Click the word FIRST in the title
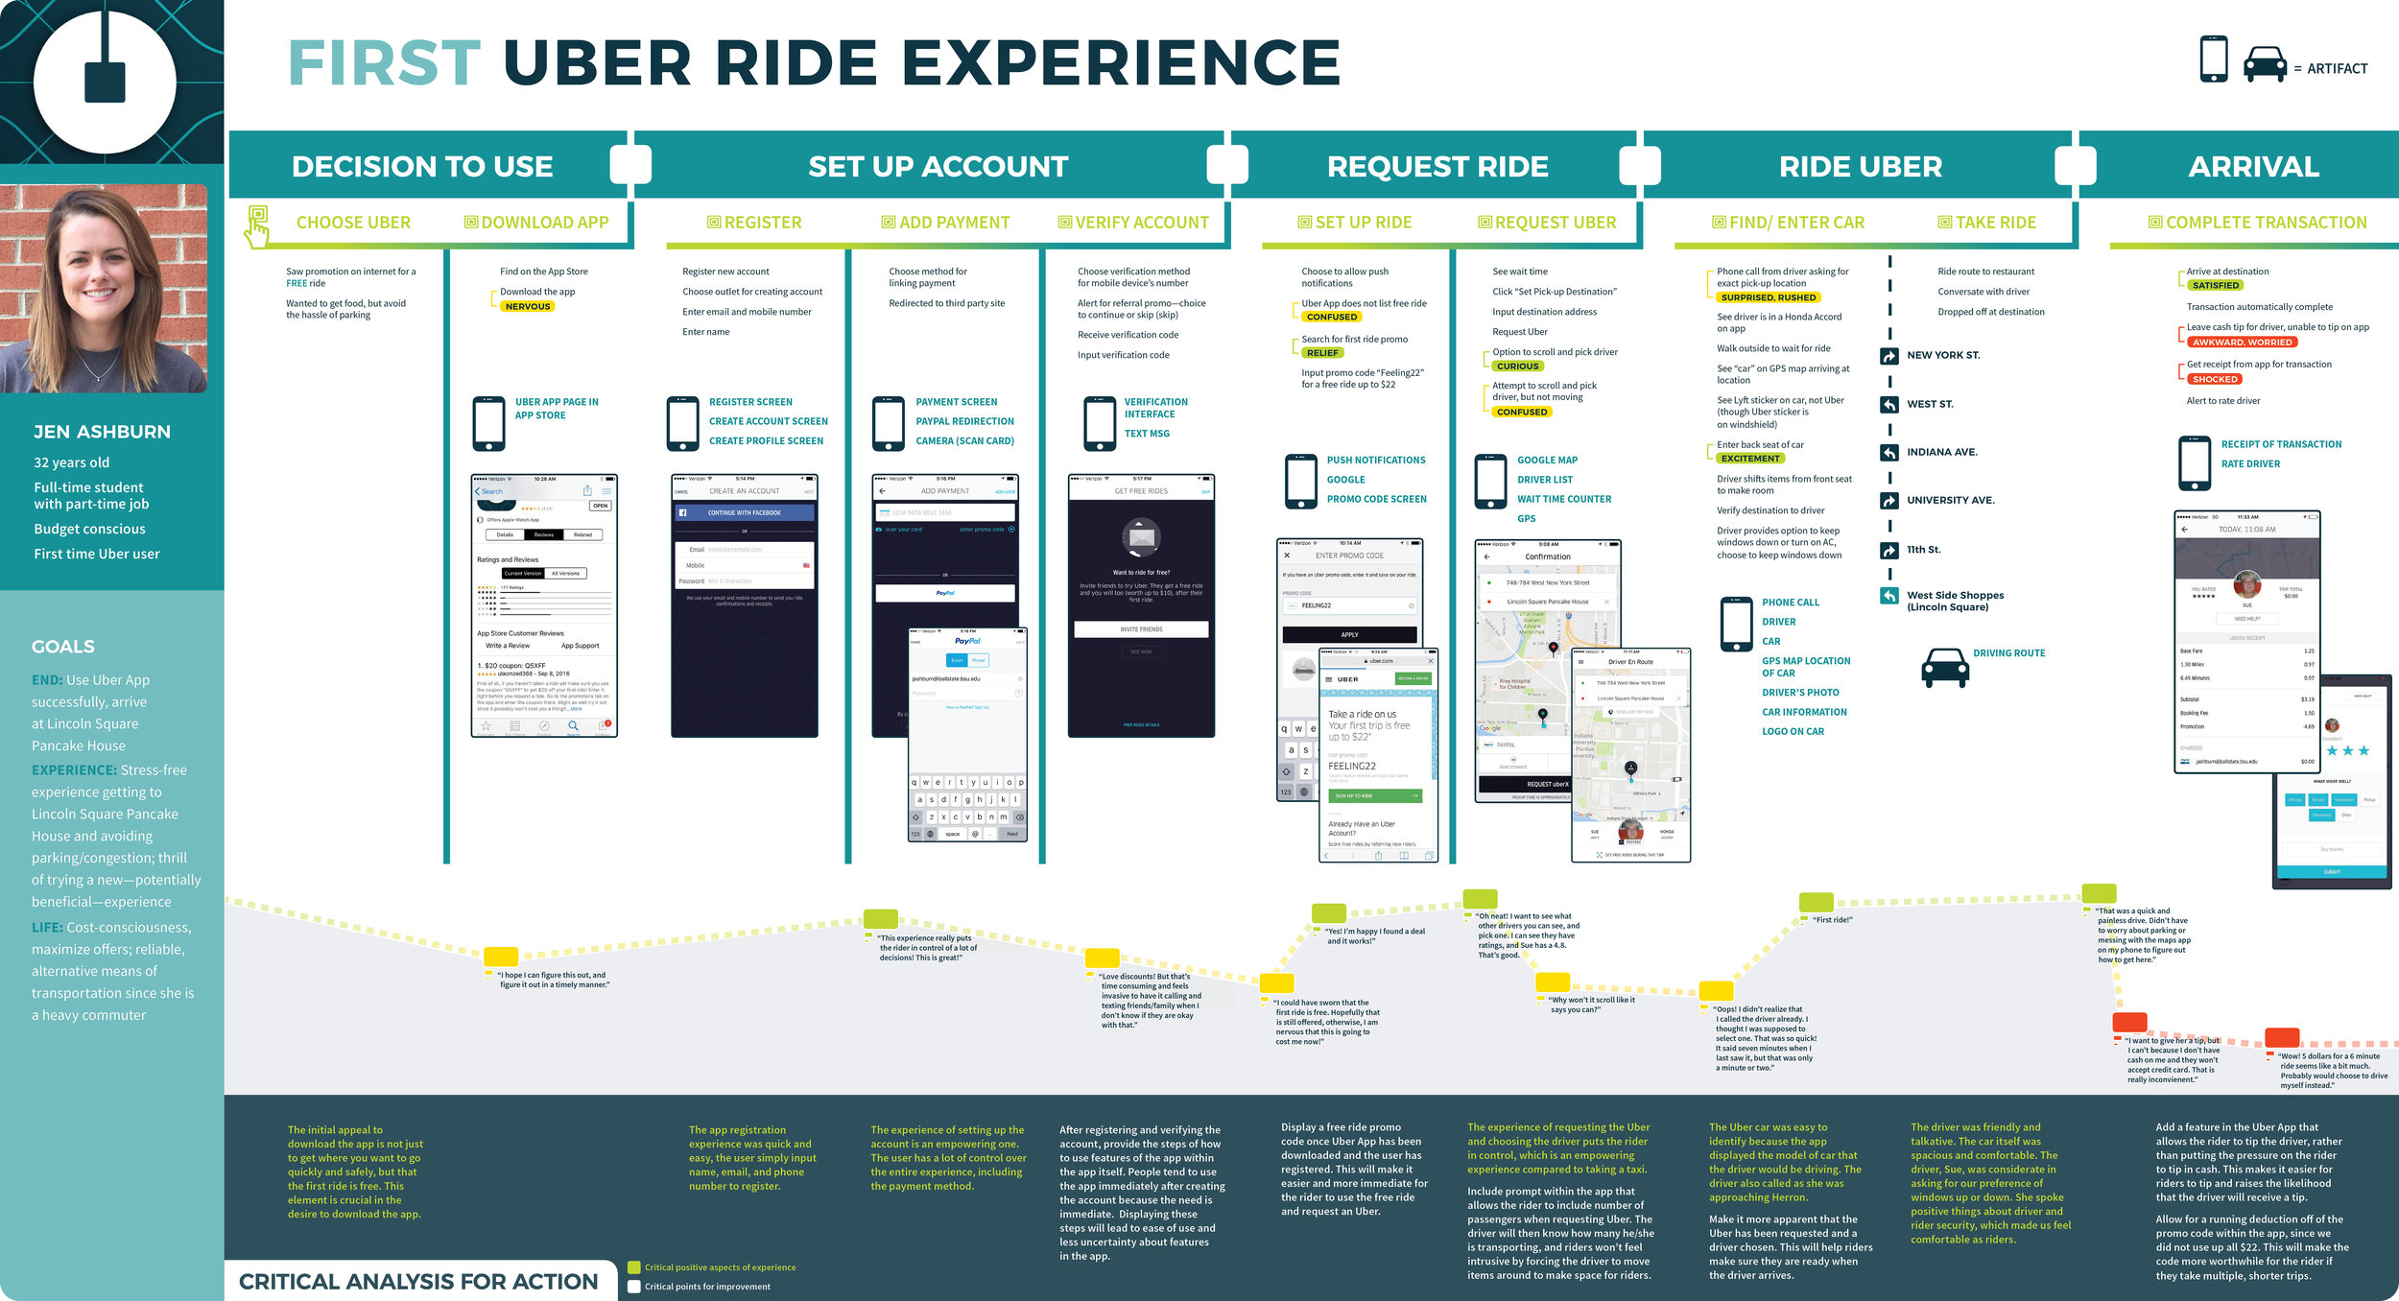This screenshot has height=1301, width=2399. tap(384, 63)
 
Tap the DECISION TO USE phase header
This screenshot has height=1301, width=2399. tap(422, 167)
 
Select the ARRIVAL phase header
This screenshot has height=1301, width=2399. tap(2253, 167)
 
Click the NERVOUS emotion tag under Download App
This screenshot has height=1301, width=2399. tap(528, 307)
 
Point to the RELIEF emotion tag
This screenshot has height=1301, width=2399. tap(1321, 353)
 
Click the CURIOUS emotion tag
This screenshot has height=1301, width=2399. tap(1517, 367)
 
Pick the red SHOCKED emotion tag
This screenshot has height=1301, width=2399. tap(2215, 380)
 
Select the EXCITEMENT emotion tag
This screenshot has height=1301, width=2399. tap(1750, 459)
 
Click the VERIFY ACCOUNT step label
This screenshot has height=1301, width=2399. tap(1141, 223)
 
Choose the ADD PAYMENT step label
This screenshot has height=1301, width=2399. tap(954, 223)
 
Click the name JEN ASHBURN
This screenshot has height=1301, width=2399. tap(102, 432)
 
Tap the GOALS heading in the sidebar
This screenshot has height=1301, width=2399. tap(63, 647)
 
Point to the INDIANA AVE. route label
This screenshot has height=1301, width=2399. tap(1941, 452)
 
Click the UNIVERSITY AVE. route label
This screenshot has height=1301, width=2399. tap(1950, 500)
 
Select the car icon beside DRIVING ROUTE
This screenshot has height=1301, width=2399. tap(1945, 667)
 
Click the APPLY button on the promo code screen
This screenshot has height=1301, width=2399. tap(1349, 634)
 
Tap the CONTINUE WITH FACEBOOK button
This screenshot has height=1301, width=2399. tap(745, 513)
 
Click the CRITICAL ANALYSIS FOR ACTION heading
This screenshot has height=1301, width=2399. tap(418, 1282)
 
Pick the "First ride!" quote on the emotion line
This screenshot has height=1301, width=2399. tap(1832, 920)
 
